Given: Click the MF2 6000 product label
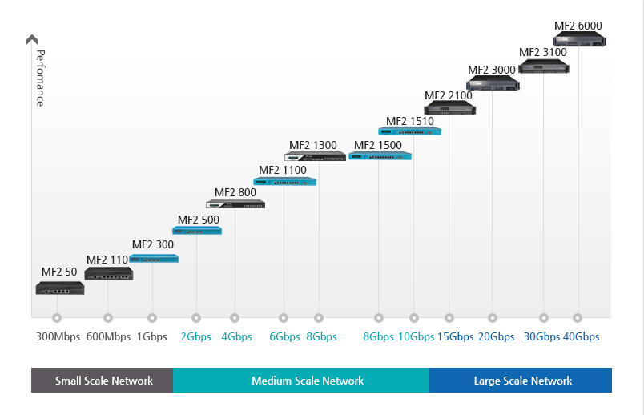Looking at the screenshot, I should point(578,26).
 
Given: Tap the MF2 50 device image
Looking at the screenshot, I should point(59,288).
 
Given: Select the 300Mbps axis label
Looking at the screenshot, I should point(58,336).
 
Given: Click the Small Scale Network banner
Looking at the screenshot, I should point(103,381).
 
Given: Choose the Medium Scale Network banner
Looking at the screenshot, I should point(308,381).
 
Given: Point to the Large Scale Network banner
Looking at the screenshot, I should point(522,381).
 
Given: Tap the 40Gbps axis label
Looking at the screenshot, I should point(581,336).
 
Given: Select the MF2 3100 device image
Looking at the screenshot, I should point(543,66).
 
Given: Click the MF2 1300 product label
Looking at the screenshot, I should point(312,145).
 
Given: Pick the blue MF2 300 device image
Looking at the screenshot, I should point(154,259).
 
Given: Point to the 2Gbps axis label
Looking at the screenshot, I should point(196,336).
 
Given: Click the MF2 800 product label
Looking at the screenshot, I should point(235,192).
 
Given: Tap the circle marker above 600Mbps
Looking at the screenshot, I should point(108,318).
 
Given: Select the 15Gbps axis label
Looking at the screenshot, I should point(455,336).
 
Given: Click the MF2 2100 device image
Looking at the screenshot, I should point(449,108).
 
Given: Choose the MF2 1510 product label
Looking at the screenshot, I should point(409,122).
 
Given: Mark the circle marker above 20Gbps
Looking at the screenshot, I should point(493,318).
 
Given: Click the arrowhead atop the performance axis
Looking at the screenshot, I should point(32,39).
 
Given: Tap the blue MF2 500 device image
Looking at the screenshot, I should point(197,231).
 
